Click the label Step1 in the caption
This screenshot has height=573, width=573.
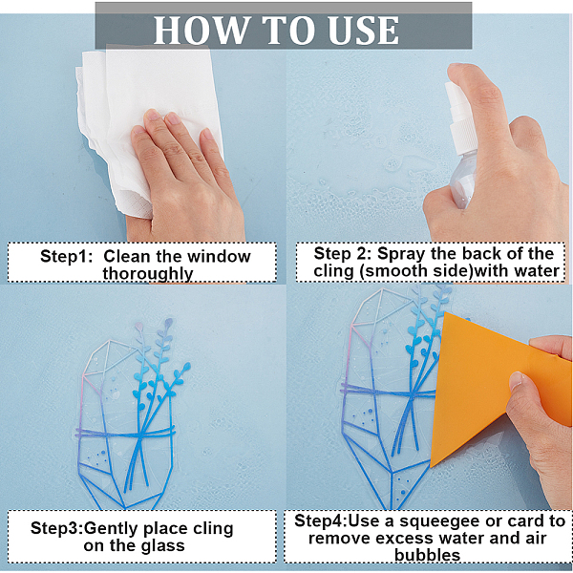click(x=66, y=257)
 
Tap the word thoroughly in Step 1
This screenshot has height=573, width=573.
click(x=147, y=274)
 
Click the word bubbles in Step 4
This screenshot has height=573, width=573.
click(x=427, y=555)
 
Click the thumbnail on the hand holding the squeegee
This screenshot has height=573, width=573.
click(x=517, y=380)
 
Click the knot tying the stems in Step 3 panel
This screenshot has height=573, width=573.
click(x=138, y=435)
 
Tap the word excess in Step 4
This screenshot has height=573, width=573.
click(x=403, y=539)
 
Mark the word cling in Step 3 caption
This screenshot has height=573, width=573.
click(x=213, y=529)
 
